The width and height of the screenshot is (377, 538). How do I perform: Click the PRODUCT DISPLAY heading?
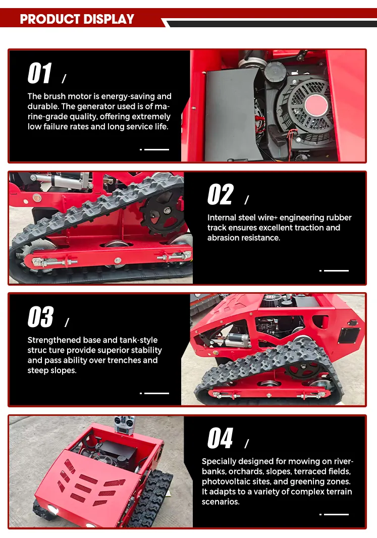[x=77, y=19]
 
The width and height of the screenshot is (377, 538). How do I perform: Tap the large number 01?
[x=40, y=73]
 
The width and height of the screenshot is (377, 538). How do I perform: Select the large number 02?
[x=221, y=194]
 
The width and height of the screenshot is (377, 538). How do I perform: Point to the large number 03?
[x=40, y=316]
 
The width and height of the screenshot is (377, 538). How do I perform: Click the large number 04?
[x=220, y=438]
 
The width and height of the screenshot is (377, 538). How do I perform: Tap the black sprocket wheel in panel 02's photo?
[x=163, y=211]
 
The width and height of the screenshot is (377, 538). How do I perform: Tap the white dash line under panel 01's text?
[x=156, y=149]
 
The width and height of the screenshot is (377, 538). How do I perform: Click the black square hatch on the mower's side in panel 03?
[x=349, y=335]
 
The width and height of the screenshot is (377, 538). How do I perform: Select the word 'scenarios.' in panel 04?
[x=221, y=502]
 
